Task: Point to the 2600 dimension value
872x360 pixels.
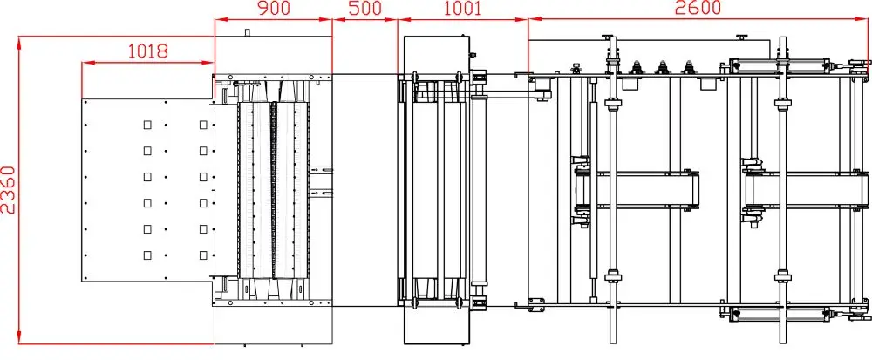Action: click(698, 9)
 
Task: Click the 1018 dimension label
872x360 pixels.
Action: click(147, 51)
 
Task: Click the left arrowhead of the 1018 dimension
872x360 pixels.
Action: click(85, 63)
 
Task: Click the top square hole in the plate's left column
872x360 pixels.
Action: click(147, 125)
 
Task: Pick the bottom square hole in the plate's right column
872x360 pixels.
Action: click(203, 255)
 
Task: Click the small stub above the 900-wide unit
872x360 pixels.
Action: click(247, 33)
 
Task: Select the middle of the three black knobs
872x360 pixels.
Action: click(662, 69)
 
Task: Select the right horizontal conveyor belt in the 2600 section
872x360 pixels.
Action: click(807, 189)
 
